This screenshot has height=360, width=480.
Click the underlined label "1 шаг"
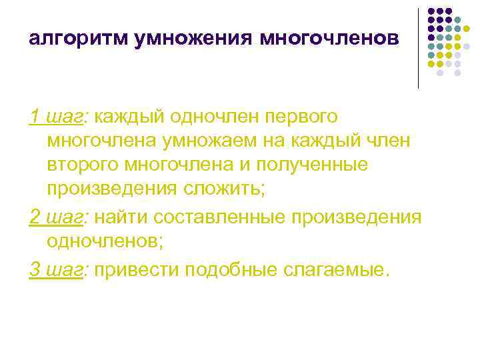(x=57, y=116)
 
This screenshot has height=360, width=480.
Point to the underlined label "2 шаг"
(x=57, y=218)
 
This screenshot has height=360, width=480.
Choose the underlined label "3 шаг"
(x=57, y=269)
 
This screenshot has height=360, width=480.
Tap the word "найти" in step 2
(x=121, y=218)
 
